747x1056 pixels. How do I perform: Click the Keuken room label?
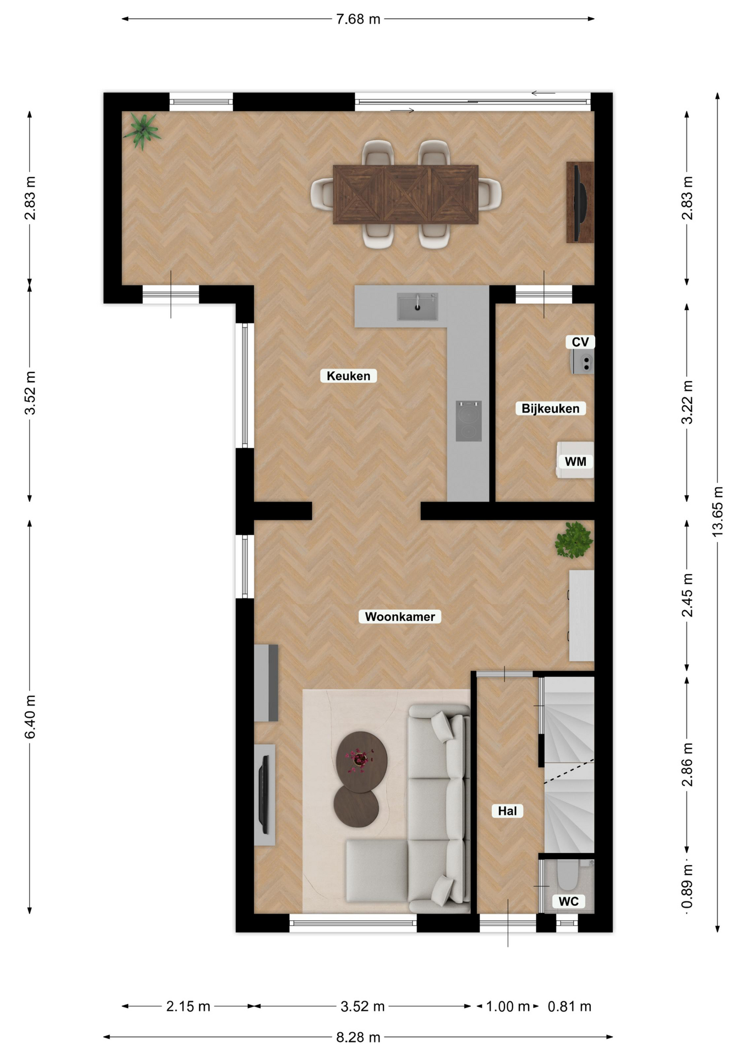(348, 376)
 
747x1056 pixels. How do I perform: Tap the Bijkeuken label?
(550, 408)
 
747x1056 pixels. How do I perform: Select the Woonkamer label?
(400, 617)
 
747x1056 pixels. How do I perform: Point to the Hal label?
(507, 811)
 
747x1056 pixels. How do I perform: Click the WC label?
(568, 901)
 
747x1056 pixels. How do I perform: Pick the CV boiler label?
(580, 342)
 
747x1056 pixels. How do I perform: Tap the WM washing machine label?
(575, 461)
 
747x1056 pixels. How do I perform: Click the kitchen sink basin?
(418, 306)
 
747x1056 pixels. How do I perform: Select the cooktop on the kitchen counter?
(469, 421)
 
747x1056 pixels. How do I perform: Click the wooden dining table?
(405, 194)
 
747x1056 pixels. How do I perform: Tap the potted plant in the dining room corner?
(142, 131)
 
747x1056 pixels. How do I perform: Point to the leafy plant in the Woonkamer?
(574, 540)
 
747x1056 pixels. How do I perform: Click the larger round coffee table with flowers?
(361, 762)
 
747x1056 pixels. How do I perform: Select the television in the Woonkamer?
(264, 795)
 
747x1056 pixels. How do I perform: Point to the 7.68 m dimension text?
(358, 19)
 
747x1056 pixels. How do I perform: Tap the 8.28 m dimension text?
(358, 1037)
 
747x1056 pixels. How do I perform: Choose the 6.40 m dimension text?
(30, 717)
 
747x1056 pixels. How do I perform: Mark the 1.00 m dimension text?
(508, 1006)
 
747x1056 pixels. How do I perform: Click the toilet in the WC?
(567, 875)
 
